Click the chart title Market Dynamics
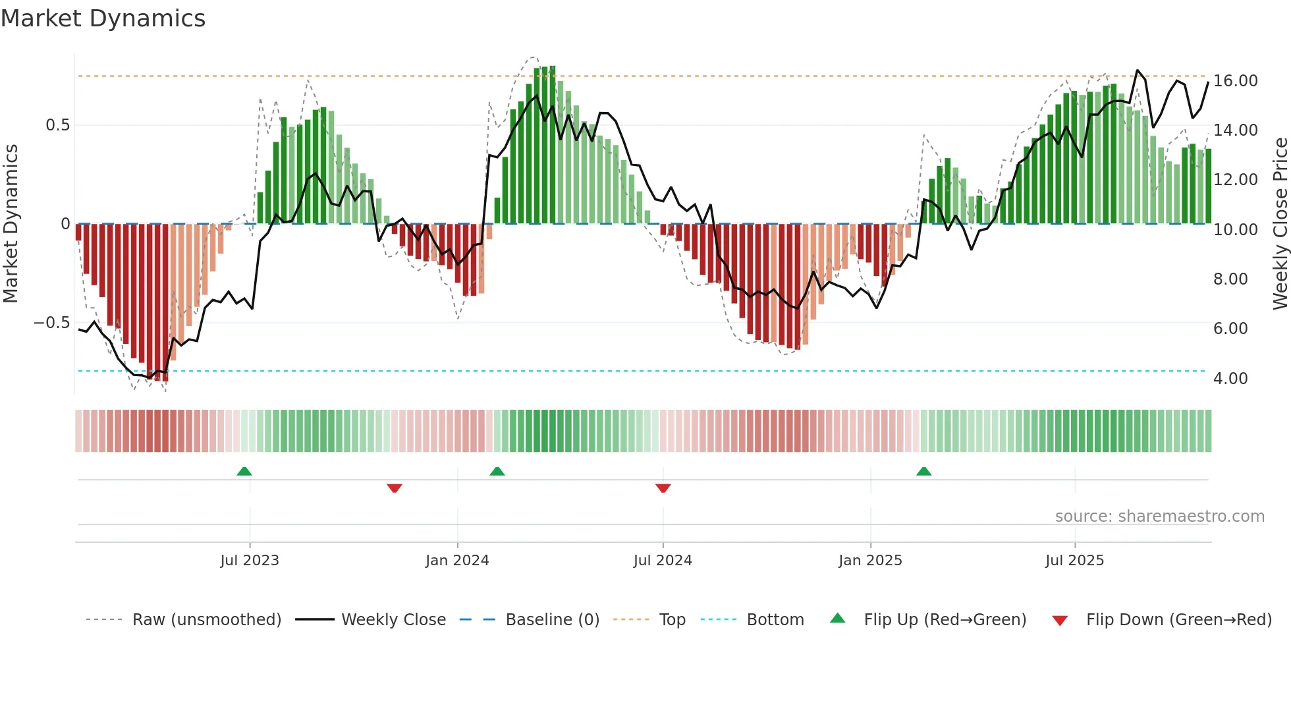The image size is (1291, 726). point(103,18)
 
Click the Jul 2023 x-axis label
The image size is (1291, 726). point(250,561)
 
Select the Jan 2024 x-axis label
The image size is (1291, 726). point(457,561)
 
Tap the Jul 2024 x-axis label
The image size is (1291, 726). point(663,561)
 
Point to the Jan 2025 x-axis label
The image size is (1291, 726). point(870,561)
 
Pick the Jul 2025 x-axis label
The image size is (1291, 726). point(1074,561)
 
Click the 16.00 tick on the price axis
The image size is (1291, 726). point(1235,81)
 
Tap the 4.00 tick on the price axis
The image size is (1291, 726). point(1230,379)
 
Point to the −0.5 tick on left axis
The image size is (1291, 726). point(51,323)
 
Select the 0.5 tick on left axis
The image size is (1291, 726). point(57,125)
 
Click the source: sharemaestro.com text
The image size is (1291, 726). point(1159,517)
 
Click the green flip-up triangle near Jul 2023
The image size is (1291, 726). point(244,471)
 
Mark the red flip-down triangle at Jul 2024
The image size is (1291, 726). point(663,488)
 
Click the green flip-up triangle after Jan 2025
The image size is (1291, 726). point(924,471)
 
